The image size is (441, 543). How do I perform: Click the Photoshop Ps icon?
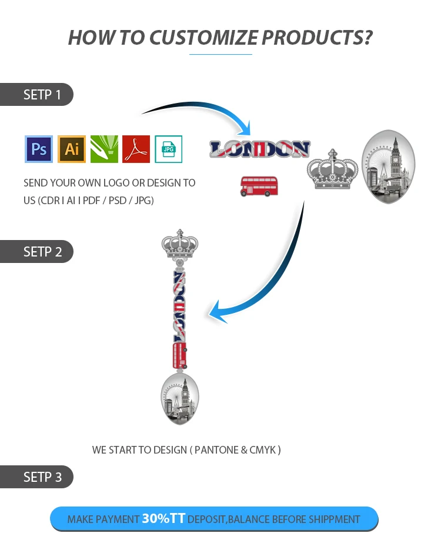[x=39, y=149]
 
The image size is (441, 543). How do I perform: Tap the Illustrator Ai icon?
[x=72, y=149]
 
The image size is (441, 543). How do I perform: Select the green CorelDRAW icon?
[x=104, y=149]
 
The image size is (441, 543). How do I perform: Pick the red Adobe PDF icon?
[x=136, y=149]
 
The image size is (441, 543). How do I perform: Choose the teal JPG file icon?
[x=169, y=149]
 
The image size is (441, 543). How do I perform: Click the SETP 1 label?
[x=42, y=95]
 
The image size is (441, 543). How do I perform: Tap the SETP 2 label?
[x=42, y=252]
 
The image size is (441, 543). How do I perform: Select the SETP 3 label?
[x=42, y=477]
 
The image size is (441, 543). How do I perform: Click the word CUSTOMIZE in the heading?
[x=203, y=37]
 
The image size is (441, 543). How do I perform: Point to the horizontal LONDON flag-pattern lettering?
[x=259, y=149]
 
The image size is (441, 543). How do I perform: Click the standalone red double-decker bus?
[x=259, y=185]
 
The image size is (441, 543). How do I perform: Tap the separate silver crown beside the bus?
[x=333, y=171]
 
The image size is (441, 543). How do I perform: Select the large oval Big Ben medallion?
[x=388, y=166]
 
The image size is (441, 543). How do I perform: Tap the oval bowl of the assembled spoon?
[x=180, y=398]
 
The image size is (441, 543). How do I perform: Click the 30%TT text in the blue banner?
[x=163, y=519]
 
